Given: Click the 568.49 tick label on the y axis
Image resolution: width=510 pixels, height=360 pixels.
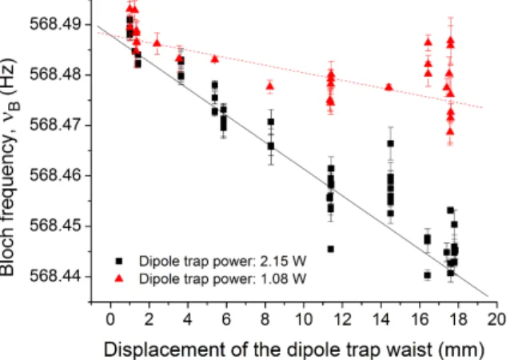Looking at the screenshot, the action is click(x=56, y=24).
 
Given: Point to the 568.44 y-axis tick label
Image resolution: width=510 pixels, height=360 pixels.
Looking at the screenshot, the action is click(x=56, y=276).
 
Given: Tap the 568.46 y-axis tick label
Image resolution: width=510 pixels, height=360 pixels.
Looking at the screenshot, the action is click(x=56, y=175).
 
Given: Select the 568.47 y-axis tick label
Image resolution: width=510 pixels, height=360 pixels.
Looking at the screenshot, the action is click(x=56, y=125).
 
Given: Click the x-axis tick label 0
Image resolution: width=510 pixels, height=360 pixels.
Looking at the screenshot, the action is click(x=110, y=319).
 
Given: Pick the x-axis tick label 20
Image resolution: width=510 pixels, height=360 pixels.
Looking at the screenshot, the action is click(x=496, y=319).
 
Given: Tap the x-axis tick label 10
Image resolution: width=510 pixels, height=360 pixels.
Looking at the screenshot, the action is click(x=303, y=319).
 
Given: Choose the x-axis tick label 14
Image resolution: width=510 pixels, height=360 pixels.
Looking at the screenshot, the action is click(x=381, y=319).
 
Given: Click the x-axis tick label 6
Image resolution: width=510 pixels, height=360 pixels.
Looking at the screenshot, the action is click(x=226, y=319).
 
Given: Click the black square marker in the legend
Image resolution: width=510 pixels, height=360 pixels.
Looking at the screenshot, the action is click(x=119, y=261).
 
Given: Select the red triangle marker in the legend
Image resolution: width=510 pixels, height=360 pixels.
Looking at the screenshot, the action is click(x=119, y=278).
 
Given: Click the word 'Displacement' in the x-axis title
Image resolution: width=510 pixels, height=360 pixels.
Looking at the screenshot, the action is click(x=164, y=350).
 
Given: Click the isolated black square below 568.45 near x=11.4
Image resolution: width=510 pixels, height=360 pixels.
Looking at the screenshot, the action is click(x=331, y=249).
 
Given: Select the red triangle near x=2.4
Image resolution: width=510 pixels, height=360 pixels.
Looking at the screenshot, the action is click(x=157, y=43).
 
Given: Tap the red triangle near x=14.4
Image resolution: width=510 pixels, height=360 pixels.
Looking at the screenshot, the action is click(x=388, y=87).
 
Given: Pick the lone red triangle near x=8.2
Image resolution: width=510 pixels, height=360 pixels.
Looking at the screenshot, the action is click(x=270, y=86).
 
